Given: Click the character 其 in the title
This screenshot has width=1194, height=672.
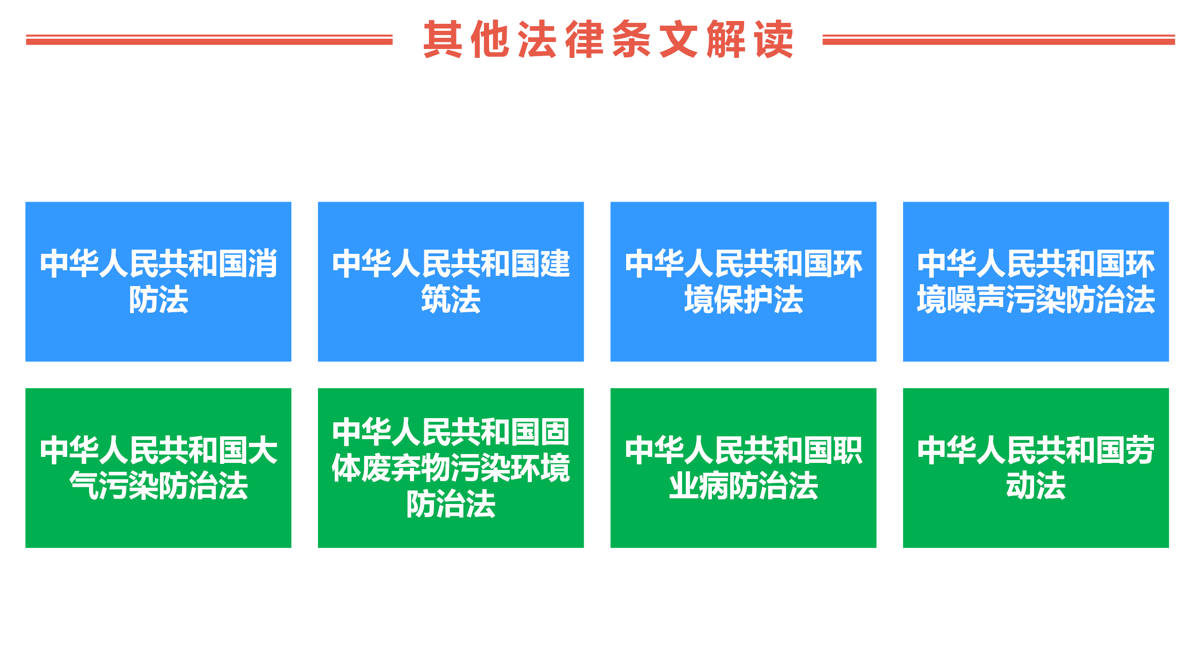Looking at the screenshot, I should pos(442,40).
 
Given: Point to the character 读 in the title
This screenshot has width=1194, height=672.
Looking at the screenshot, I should pos(774,40).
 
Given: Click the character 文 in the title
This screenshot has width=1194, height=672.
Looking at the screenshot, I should pos(678,40).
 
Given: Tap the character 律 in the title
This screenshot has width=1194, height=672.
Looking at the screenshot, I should pos(584,40).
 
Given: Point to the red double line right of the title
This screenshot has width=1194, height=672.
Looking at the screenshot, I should pos(998,40).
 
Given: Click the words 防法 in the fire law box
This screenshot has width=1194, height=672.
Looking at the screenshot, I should pos(159,300).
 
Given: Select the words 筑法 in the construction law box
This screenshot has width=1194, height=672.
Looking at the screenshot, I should pos(451,300).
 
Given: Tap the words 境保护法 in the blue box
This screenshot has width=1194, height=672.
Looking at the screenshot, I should pos(744,300).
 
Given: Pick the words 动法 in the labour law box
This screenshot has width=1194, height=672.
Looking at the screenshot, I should pos(1036,486).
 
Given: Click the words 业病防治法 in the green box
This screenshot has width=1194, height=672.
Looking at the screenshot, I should pos(744,486).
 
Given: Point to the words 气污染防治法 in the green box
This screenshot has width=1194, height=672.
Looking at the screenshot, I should pos(159,486).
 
